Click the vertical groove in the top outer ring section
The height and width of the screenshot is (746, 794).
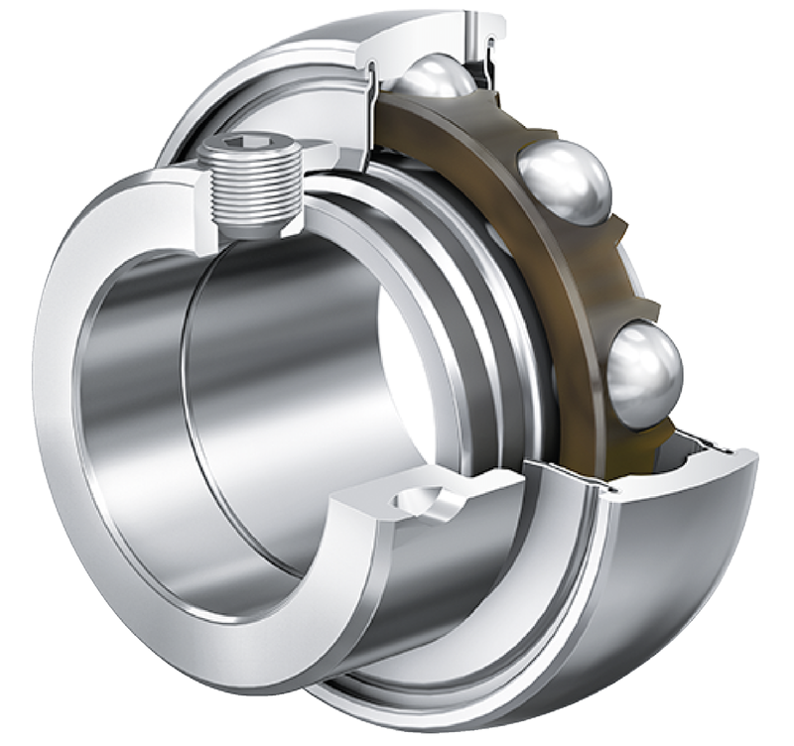click(472, 30)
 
